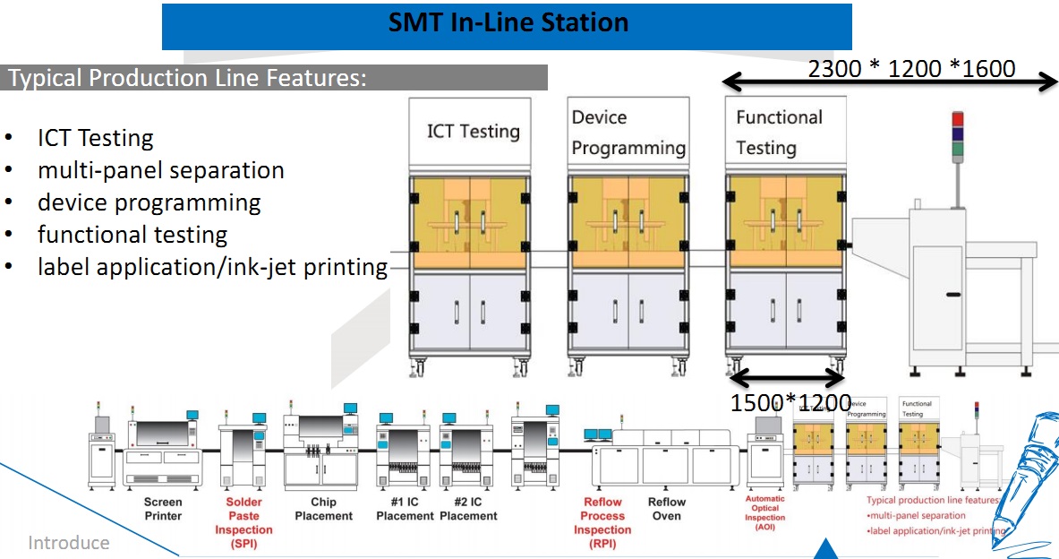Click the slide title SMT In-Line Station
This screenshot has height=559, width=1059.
click(508, 22)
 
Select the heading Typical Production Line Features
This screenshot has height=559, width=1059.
click(187, 78)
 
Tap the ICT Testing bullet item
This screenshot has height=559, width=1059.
click(95, 138)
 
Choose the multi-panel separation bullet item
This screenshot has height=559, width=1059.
click(160, 170)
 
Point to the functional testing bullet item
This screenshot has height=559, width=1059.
click(132, 235)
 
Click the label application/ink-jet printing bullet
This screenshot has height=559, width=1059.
click(212, 267)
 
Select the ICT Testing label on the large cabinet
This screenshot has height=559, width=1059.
click(473, 131)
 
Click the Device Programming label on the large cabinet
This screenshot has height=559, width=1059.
click(628, 133)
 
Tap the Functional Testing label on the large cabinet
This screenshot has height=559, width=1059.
click(779, 132)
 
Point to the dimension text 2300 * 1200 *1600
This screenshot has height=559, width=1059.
click(911, 68)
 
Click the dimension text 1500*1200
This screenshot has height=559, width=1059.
click(790, 403)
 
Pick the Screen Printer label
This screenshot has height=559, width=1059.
click(163, 509)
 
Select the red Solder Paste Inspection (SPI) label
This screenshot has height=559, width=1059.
click(243, 522)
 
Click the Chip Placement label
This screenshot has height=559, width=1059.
click(324, 509)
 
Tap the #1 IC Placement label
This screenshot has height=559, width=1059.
click(405, 509)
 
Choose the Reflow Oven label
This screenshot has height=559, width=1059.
click(667, 509)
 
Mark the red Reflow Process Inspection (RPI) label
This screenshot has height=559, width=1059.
click(602, 522)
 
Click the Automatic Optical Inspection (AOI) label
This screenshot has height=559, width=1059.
click(765, 513)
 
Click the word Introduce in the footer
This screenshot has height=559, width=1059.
click(69, 543)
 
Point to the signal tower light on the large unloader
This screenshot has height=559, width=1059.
click(957, 134)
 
